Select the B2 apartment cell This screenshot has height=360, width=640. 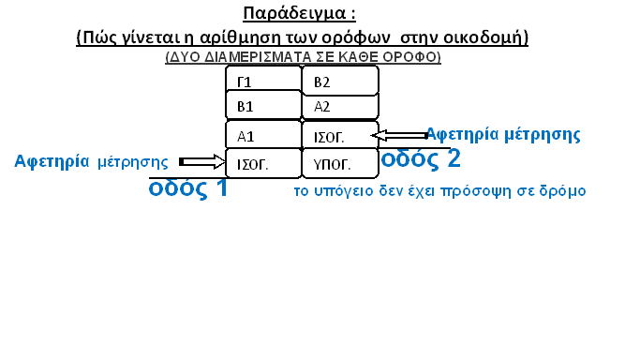click(x=340, y=81)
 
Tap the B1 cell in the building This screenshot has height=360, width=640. click(x=263, y=105)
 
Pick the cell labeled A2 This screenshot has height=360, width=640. click(x=340, y=106)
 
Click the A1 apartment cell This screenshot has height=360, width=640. click(x=263, y=135)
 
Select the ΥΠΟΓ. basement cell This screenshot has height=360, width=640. click(x=340, y=163)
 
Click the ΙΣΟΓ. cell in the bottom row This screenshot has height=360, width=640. click(x=263, y=163)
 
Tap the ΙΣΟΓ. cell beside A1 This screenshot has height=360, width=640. click(x=340, y=135)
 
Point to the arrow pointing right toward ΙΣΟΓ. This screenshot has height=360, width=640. click(x=202, y=162)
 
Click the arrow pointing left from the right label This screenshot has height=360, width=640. click(x=399, y=135)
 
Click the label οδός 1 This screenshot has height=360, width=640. click(x=187, y=188)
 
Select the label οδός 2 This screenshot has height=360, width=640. click(x=421, y=158)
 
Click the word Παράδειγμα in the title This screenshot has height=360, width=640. click(x=294, y=13)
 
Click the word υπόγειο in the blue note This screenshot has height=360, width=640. click(x=344, y=191)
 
